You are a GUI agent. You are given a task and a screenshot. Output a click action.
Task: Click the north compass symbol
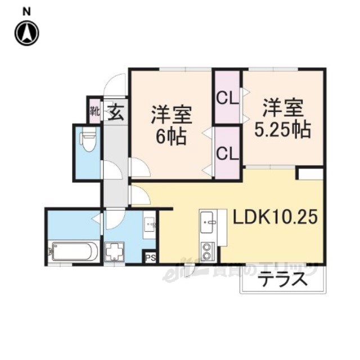tap(27, 33)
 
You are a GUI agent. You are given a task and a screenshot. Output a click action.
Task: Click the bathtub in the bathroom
tap(74, 250)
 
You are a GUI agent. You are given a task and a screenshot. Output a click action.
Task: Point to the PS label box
tap(150, 258)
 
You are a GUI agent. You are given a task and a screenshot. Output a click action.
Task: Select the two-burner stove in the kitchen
tap(208, 250)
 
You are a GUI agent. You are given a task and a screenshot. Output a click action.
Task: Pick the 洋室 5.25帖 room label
tap(283, 118)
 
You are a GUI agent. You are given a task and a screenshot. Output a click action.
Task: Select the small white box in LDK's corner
tap(310, 173)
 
